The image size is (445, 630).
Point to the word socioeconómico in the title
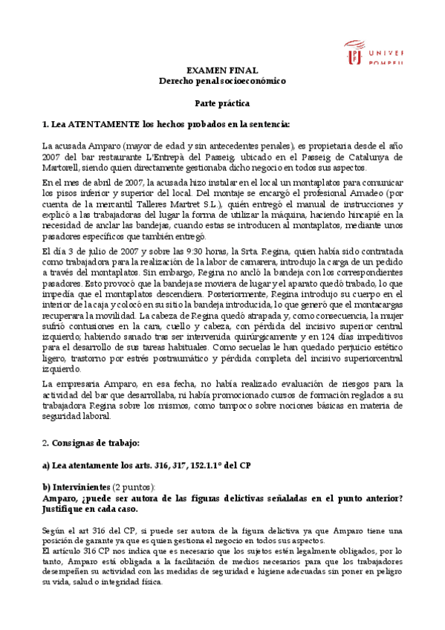(x=250, y=80)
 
